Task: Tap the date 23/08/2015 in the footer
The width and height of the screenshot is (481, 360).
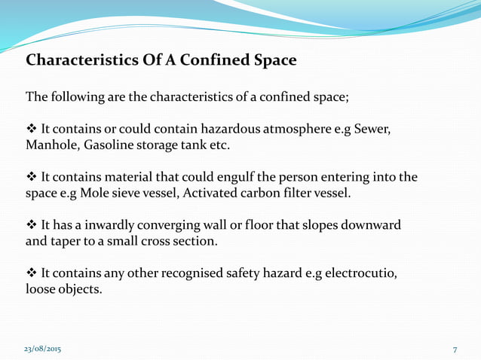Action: [x=44, y=350]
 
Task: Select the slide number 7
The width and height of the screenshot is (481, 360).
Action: [x=455, y=350]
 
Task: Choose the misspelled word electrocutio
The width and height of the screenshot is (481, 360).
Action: [x=360, y=273]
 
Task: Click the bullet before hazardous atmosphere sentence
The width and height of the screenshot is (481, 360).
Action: [x=32, y=129]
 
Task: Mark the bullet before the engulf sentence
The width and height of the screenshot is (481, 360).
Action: [x=32, y=178]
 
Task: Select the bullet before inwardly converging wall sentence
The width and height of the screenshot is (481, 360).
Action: [x=32, y=226]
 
